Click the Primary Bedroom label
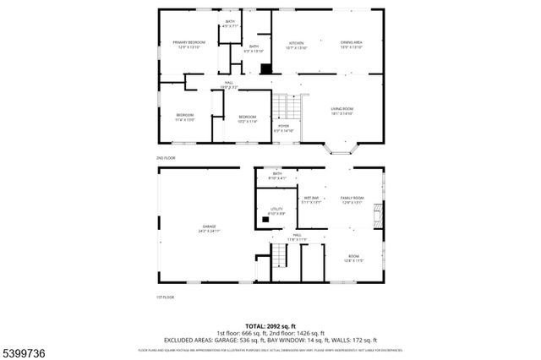(190, 45)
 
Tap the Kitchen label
(297, 45)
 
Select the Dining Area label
(352, 45)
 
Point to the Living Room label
(342, 111)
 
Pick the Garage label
(209, 228)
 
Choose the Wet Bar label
(311, 199)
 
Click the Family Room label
(352, 199)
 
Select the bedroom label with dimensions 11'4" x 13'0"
(185, 117)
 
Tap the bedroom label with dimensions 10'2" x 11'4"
(247, 118)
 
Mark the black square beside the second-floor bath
(265, 69)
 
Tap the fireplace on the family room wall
(380, 206)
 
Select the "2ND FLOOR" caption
(165, 158)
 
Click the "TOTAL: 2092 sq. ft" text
(270, 325)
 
